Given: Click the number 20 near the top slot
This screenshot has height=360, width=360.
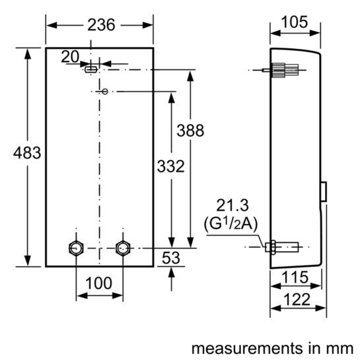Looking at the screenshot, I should [x=70, y=57].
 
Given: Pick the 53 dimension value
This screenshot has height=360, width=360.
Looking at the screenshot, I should [x=172, y=258].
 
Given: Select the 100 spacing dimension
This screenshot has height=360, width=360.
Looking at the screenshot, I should [x=98, y=283].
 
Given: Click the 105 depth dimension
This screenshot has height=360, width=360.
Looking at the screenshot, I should [x=294, y=22].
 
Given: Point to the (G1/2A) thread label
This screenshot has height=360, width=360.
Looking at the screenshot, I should [x=236, y=225].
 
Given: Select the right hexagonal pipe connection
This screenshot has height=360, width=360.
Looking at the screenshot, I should [x=122, y=248].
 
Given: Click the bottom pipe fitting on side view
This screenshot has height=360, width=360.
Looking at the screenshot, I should [x=281, y=248].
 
